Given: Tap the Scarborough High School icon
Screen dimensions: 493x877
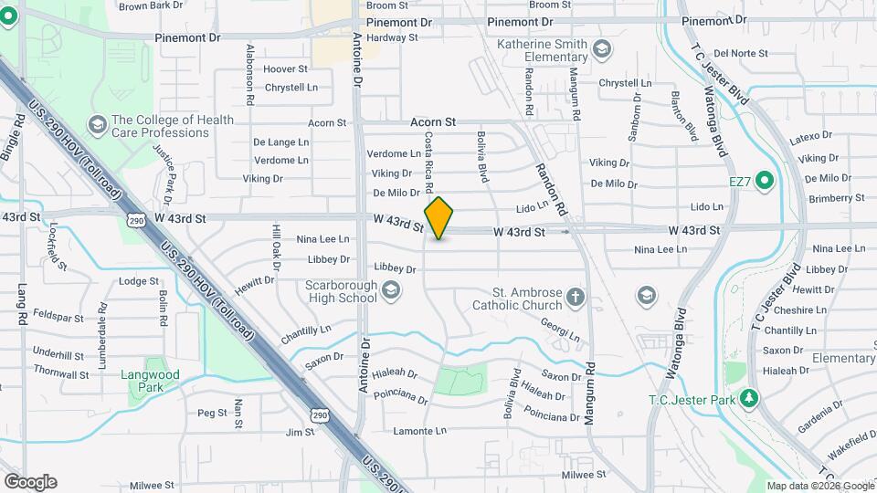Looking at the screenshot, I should [391, 291].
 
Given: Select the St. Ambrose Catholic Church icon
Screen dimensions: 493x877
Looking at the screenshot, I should [575, 296].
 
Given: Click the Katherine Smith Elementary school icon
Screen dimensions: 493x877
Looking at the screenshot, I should [602, 48].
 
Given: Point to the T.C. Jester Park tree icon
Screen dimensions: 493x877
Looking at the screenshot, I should [749, 398].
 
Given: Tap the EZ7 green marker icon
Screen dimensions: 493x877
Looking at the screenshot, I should [766, 181].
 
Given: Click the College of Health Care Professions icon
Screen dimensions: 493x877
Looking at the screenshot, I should [97, 125].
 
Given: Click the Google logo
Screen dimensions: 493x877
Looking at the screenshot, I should [30, 482].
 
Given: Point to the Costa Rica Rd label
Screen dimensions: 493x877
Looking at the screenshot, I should [428, 163].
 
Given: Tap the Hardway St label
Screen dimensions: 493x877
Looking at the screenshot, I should [392, 37].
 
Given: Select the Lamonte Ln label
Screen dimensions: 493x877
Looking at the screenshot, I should [419, 430].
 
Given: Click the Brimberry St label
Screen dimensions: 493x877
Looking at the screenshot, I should [836, 197].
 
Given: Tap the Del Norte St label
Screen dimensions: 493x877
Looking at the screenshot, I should [741, 53].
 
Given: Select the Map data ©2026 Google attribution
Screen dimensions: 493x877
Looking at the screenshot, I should [819, 486].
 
